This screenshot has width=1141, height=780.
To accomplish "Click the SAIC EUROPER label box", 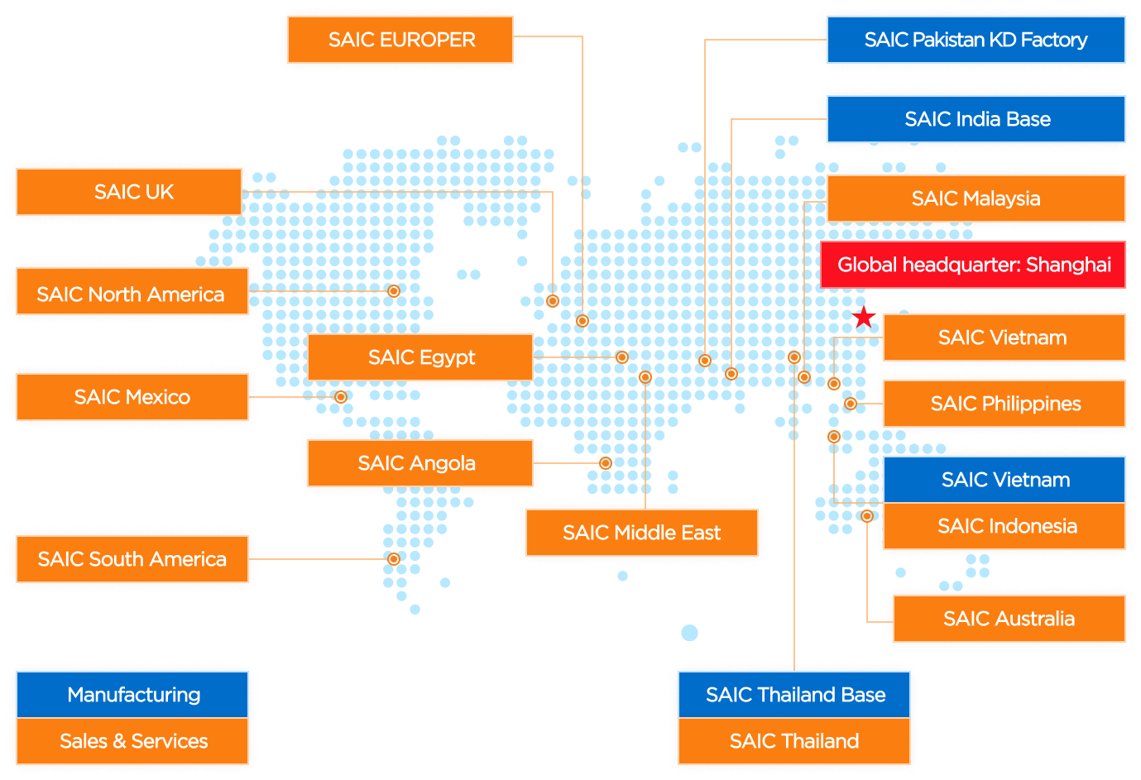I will tap(400, 40).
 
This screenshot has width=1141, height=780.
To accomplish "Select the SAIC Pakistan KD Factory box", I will tap(976, 40).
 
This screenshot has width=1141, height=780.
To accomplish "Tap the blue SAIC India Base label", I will tap(976, 119).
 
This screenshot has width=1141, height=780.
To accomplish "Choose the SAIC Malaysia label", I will tap(976, 199).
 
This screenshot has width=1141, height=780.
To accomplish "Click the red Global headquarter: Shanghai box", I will tap(973, 265).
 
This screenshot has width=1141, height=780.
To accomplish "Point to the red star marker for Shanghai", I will tap(864, 317).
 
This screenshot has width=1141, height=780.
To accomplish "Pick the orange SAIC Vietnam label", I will tap(1003, 337).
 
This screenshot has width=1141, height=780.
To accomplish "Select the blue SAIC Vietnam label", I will tap(1004, 480).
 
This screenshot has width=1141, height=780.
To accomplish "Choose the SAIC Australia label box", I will tap(1009, 619).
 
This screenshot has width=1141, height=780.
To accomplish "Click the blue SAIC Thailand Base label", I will tap(794, 695).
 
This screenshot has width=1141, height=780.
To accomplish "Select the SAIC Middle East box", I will tap(642, 533).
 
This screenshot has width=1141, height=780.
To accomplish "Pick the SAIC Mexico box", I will tap(132, 397).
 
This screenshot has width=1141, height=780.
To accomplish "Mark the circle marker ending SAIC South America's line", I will tap(394, 559).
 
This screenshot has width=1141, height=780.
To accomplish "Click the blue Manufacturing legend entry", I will tap(132, 695).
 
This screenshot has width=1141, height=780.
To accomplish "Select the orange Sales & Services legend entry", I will tap(132, 741).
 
